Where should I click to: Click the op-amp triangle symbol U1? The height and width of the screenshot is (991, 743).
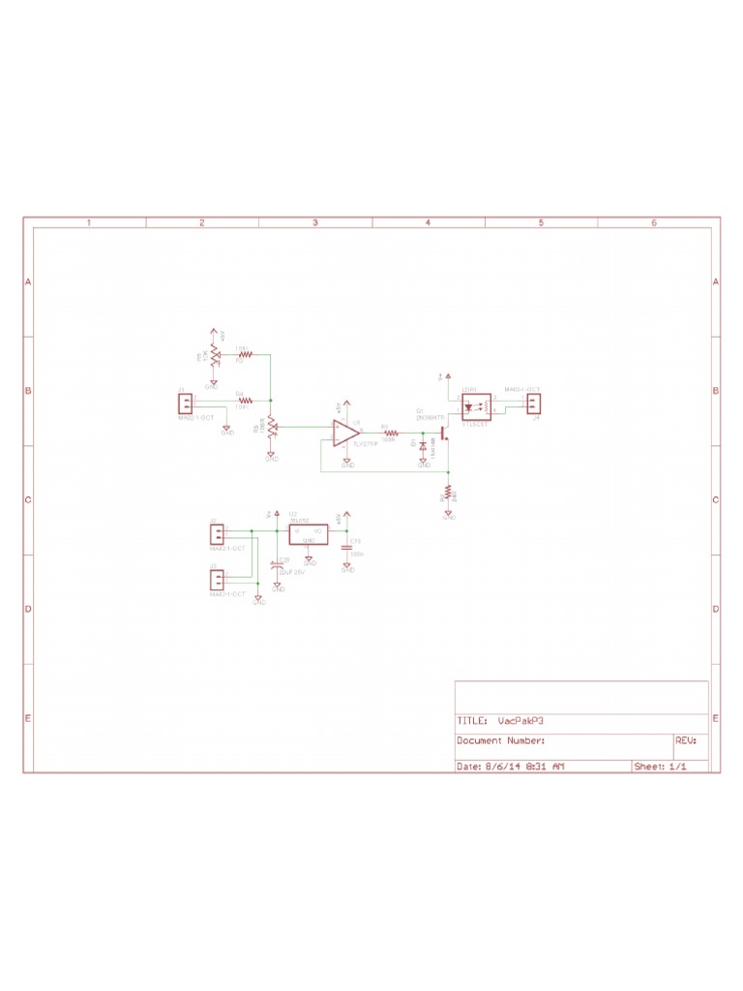(x=343, y=433)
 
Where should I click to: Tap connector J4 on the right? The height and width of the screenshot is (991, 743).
(x=532, y=403)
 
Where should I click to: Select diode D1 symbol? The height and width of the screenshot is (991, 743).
(x=423, y=447)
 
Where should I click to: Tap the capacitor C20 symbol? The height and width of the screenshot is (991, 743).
(x=278, y=563)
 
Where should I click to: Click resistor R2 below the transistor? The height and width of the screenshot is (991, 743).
(x=449, y=495)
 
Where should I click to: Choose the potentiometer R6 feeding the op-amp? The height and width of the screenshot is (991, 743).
(x=271, y=427)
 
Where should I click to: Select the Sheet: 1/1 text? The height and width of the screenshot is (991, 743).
(x=660, y=766)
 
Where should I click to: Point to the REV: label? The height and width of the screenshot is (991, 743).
(x=686, y=741)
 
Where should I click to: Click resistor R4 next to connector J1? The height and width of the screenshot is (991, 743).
(x=245, y=400)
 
